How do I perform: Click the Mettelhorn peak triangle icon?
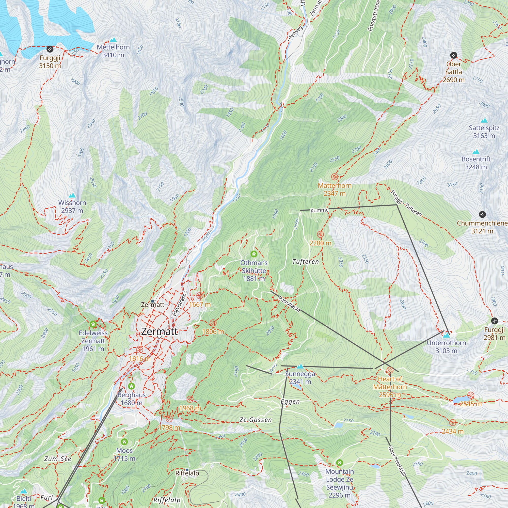point(113,40)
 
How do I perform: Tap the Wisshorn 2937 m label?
point(72,207)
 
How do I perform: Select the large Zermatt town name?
point(159,331)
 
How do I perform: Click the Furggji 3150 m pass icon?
point(50,49)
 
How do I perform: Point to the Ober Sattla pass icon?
point(454,55)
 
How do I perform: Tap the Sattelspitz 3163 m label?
point(484,132)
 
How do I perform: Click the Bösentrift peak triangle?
point(476,152)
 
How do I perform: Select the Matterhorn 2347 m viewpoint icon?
point(335,177)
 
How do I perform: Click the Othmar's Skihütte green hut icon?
point(254,254)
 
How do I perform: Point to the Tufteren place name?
point(305,262)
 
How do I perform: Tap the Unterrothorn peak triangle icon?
point(446,336)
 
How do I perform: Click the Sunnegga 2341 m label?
point(300,378)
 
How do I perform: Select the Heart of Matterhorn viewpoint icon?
point(390,371)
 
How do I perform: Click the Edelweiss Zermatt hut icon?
point(93,324)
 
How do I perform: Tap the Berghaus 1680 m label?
point(132,399)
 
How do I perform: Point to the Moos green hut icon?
point(124,442)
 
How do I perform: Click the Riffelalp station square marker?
point(187,470)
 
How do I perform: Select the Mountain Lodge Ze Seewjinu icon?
point(339,463)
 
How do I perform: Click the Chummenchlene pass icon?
point(482,214)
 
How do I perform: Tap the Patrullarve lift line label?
point(289,304)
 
